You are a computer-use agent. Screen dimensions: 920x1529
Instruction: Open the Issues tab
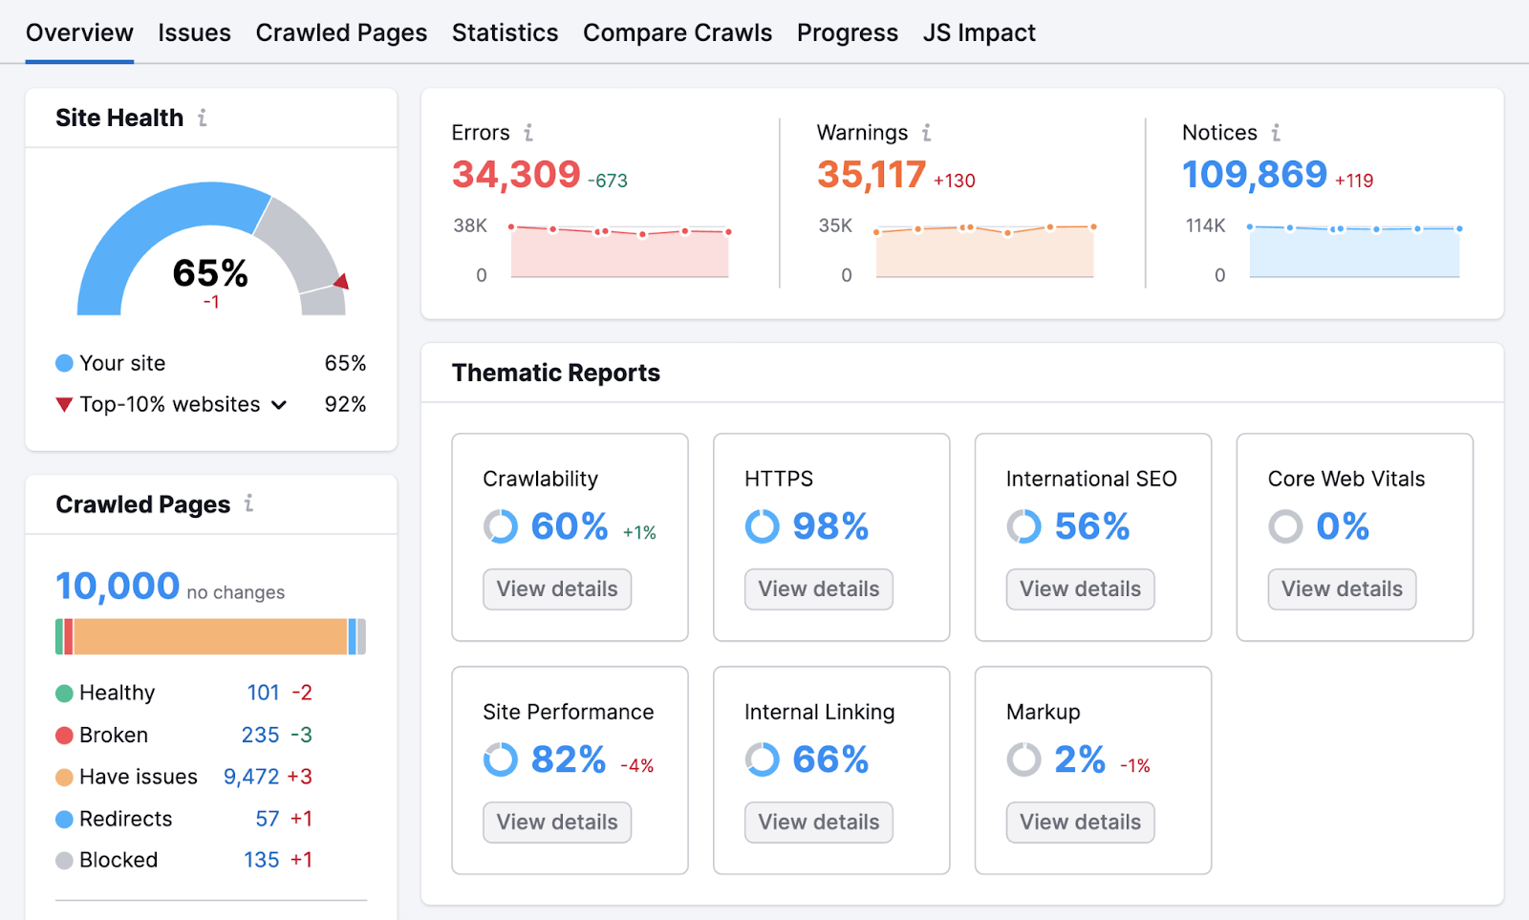pyautogui.click(x=194, y=32)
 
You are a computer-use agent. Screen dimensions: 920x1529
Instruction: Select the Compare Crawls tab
pyautogui.click(x=677, y=32)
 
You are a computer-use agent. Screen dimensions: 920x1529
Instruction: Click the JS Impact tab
pyautogui.click(x=979, y=32)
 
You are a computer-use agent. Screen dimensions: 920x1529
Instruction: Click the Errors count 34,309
pyautogui.click(x=516, y=175)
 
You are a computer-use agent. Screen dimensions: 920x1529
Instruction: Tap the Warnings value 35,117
pyautogui.click(x=871, y=175)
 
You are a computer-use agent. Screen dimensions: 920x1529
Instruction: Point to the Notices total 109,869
pyautogui.click(x=1254, y=175)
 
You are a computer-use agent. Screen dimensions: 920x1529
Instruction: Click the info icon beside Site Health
pyautogui.click(x=203, y=118)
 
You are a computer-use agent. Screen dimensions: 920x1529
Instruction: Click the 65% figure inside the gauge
pyautogui.click(x=210, y=273)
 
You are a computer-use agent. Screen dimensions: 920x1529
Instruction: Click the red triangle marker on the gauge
pyautogui.click(x=341, y=281)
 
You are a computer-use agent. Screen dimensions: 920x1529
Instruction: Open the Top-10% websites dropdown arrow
pyautogui.click(x=279, y=405)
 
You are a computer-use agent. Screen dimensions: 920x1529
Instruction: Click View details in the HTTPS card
pyautogui.click(x=818, y=589)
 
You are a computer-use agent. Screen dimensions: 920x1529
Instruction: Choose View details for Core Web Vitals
pyautogui.click(x=1341, y=589)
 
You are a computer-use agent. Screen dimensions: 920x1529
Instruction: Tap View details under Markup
pyautogui.click(x=1080, y=823)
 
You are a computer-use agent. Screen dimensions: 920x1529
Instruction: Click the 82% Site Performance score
pyautogui.click(x=568, y=760)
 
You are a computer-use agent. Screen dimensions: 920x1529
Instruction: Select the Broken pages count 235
pyautogui.click(x=260, y=735)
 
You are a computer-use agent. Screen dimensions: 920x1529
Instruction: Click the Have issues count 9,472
pyautogui.click(x=251, y=777)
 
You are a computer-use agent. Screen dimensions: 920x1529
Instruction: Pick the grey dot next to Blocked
pyautogui.click(x=64, y=861)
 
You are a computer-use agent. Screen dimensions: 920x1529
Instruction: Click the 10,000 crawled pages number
pyautogui.click(x=118, y=586)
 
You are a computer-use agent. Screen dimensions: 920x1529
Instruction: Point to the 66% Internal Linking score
pyautogui.click(x=829, y=760)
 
